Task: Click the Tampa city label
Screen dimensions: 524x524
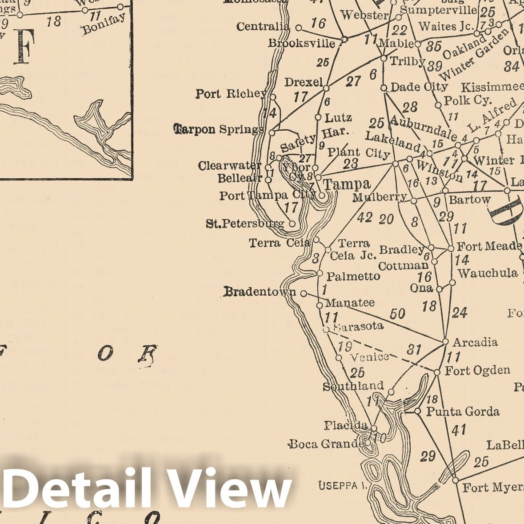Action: pos(346,184)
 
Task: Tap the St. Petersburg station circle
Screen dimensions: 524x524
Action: pos(292,224)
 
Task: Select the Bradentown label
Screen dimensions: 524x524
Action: pos(260,292)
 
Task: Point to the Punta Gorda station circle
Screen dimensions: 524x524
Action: pos(418,412)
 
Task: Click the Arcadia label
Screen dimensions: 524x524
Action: pos(475,342)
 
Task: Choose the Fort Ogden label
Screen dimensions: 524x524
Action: pos(477,370)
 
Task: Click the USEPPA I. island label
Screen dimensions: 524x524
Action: pos(341,486)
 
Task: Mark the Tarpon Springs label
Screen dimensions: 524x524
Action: pos(218,129)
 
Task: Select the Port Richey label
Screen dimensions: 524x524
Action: pos(231,94)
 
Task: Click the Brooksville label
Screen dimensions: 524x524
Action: pos(301,43)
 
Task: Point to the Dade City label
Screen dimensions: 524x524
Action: pos(419,87)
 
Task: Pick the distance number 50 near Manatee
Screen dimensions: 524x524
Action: pos(397,314)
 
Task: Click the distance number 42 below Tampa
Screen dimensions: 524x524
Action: pos(364,217)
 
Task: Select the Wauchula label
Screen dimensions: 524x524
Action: pos(488,273)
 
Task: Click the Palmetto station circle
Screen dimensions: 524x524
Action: pos(320,273)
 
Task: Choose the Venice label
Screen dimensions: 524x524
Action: pos(370,356)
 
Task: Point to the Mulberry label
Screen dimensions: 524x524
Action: pos(379,197)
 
